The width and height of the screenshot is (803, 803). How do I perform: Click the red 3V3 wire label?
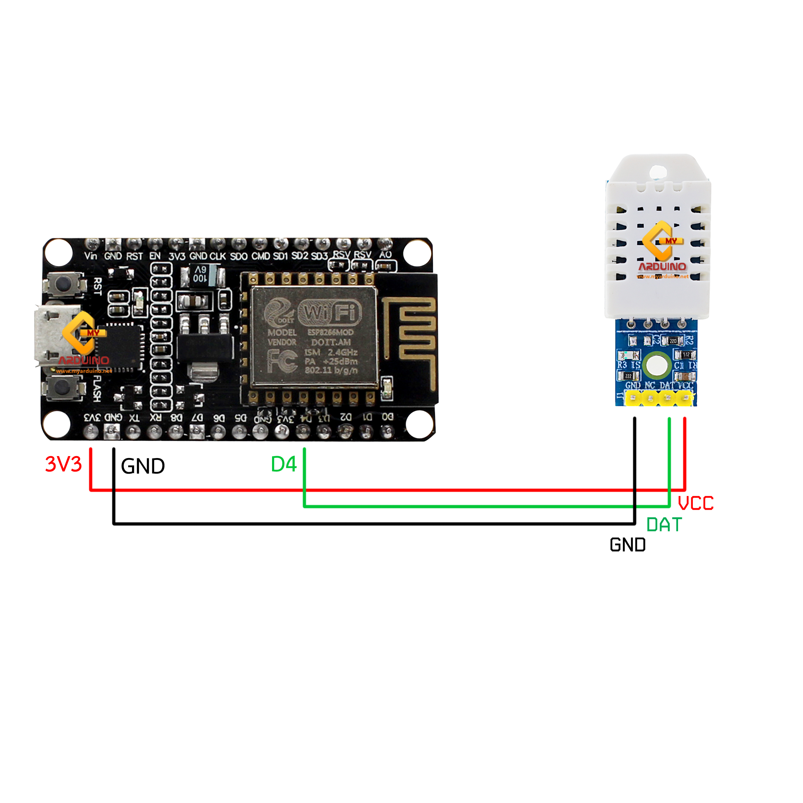tap(63, 464)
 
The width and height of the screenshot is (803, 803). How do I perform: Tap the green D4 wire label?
tap(284, 464)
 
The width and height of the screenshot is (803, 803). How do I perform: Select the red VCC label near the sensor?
tap(695, 503)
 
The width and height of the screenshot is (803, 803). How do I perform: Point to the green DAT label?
tap(664, 525)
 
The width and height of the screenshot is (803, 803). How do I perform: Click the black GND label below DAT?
tap(628, 545)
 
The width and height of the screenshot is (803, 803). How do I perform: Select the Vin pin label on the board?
tap(91, 256)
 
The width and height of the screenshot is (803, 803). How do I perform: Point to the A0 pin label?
tap(385, 254)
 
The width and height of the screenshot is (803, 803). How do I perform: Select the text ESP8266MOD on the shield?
tap(331, 332)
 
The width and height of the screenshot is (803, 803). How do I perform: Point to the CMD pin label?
tap(260, 256)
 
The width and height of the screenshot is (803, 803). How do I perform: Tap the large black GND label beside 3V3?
tap(143, 466)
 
